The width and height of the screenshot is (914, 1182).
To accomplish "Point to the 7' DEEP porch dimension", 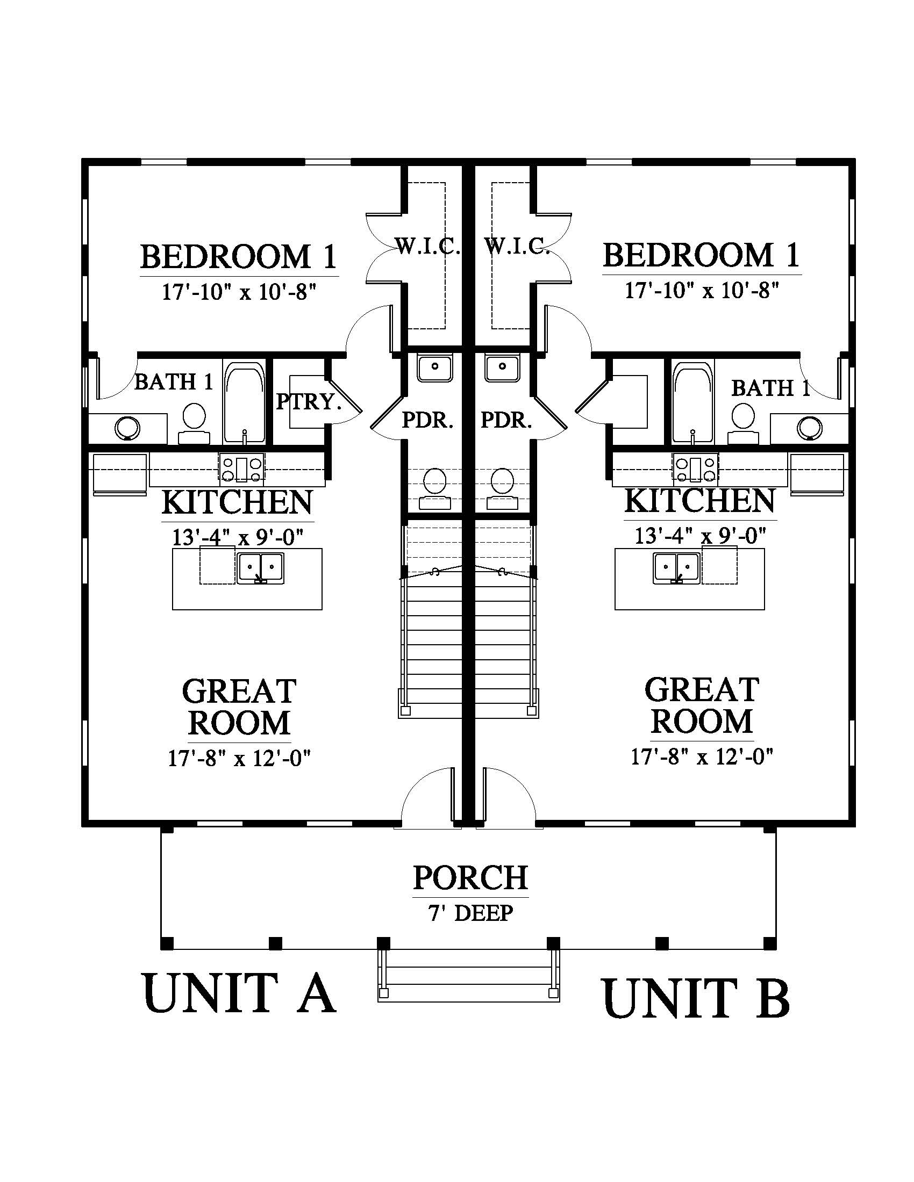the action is tap(470, 913).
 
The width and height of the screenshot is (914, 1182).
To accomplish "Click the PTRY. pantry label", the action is tap(309, 401).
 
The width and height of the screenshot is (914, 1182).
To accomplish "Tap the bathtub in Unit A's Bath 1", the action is tap(245, 402).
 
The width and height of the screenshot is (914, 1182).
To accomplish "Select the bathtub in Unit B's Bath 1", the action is tap(693, 402).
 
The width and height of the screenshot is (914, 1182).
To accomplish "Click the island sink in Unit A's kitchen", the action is tap(260, 568).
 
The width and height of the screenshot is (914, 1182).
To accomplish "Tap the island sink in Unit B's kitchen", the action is tap(677, 568).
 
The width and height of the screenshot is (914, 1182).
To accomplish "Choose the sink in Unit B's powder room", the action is tap(502, 368).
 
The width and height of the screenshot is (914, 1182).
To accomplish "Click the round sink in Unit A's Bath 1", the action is tap(128, 428).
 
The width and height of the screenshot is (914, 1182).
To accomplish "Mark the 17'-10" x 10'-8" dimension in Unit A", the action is tap(239, 293).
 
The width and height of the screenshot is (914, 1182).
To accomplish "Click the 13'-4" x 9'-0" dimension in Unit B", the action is tap(700, 536).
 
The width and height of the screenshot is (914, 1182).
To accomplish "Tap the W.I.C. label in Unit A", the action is tap(428, 247).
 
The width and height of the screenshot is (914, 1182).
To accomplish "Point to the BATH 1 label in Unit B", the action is tap(770, 388).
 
